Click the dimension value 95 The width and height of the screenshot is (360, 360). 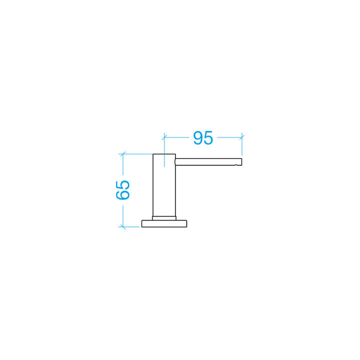pos(203,138)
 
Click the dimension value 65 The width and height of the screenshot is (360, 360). pos(123,190)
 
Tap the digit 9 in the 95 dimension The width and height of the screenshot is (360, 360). pos(198,138)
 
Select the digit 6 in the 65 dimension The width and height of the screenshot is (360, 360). pos(123,195)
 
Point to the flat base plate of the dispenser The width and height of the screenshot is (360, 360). pos(164,223)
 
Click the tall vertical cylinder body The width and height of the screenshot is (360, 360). pos(164,185)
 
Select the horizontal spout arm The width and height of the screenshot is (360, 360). pos(208,161)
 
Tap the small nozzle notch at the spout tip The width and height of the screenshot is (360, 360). pos(236,165)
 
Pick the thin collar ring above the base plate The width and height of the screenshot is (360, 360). pos(164,218)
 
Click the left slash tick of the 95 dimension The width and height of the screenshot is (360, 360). pos(164,137)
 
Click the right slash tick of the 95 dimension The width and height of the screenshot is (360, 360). pos(242,137)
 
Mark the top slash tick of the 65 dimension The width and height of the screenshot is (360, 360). pos(123,154)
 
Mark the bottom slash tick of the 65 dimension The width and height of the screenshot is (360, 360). pos(123,227)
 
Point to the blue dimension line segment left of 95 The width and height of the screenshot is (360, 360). pos(177,137)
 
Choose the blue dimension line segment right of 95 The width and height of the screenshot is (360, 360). pos(229,137)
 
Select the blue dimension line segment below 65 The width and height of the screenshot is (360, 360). pos(123,216)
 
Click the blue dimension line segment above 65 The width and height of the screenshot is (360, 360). pos(123,164)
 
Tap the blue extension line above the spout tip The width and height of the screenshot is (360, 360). pos(242,144)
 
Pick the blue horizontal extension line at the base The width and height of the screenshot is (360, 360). pos(129,227)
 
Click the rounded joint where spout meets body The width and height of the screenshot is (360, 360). pos(175,161)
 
